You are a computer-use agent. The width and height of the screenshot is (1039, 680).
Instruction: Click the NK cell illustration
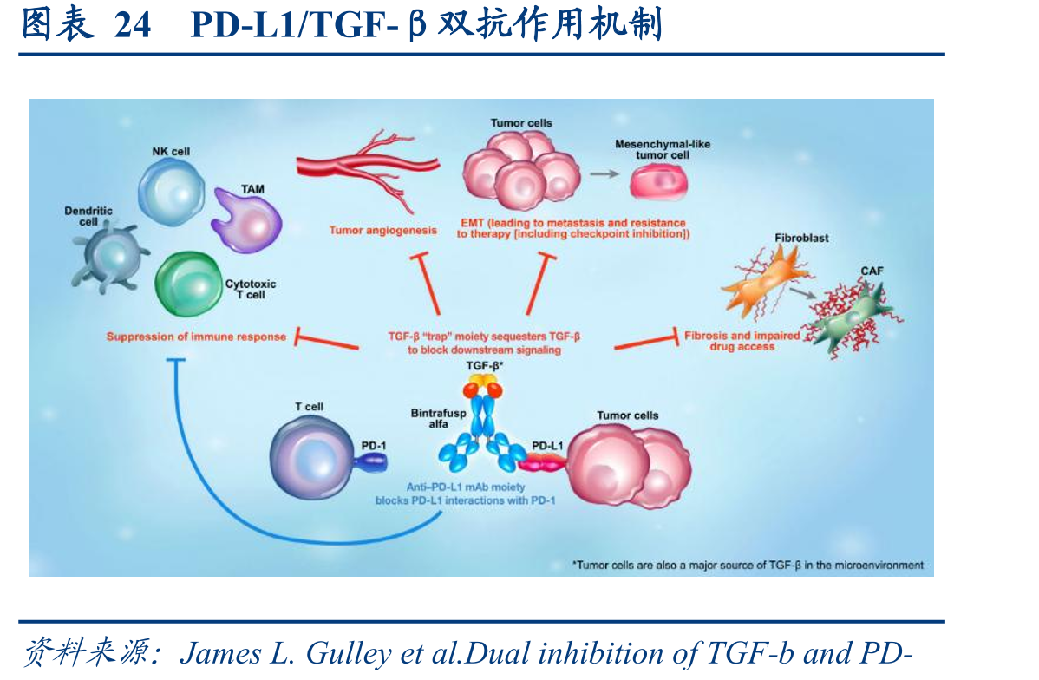click(x=172, y=193)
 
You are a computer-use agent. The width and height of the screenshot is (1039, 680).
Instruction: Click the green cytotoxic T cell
click(x=188, y=284)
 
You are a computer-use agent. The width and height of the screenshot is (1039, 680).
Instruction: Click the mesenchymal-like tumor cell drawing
click(x=658, y=181)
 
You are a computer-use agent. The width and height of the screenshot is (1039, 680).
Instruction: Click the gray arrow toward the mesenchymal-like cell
click(x=604, y=173)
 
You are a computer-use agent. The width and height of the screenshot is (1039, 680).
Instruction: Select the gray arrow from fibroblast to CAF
click(x=802, y=291)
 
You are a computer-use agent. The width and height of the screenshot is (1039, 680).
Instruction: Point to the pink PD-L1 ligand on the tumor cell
click(x=543, y=463)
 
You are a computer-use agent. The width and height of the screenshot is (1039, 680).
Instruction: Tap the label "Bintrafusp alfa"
click(x=438, y=418)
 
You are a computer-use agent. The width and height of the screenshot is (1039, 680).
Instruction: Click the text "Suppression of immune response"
click(x=196, y=337)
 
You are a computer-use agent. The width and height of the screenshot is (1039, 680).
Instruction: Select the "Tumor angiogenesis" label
click(x=383, y=230)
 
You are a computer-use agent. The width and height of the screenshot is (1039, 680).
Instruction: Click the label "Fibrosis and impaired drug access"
click(x=742, y=341)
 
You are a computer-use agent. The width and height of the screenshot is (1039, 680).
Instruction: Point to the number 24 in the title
click(x=133, y=25)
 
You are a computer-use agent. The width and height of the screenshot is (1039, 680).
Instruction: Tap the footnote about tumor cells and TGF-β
click(x=748, y=566)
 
